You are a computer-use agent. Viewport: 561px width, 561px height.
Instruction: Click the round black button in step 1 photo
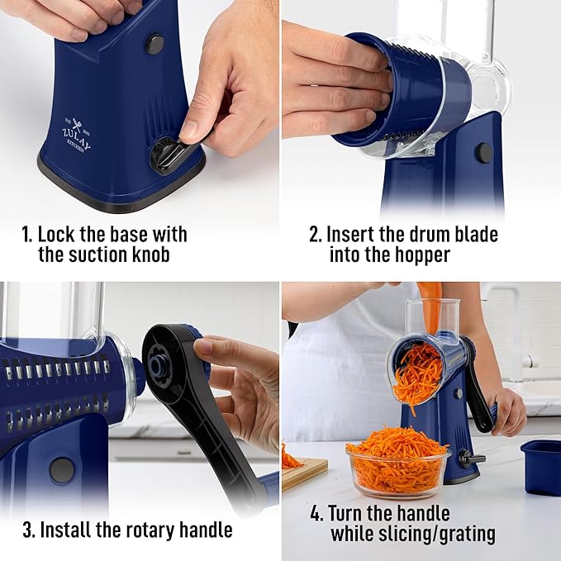pyautogui.click(x=155, y=44)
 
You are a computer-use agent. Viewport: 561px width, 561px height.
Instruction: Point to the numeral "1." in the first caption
pyautogui.click(x=27, y=234)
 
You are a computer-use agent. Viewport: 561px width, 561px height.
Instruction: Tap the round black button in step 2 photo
pyautogui.click(x=483, y=152)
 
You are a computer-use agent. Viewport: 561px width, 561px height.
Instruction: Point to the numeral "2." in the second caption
pyautogui.click(x=316, y=234)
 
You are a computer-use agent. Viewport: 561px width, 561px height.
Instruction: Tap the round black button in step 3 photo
pyautogui.click(x=61, y=469)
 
